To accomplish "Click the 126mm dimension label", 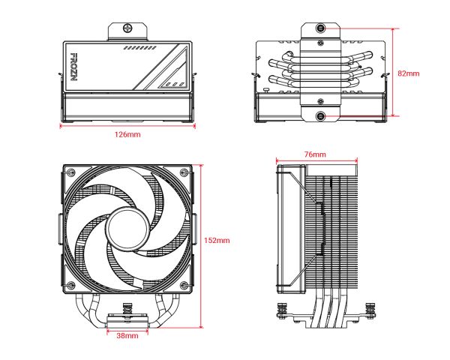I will click(x=127, y=135).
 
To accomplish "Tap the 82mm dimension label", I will click(x=409, y=73).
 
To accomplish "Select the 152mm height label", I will click(x=217, y=241).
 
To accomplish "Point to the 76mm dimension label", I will click(x=315, y=154).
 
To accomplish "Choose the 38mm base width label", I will click(x=127, y=337).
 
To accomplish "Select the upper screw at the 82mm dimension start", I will click(x=320, y=28).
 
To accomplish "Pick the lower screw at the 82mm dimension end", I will click(x=320, y=117).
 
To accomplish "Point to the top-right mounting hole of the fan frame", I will click(x=183, y=174).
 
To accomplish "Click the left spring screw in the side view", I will click(x=284, y=308).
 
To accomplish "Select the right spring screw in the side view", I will click(x=369, y=308).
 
